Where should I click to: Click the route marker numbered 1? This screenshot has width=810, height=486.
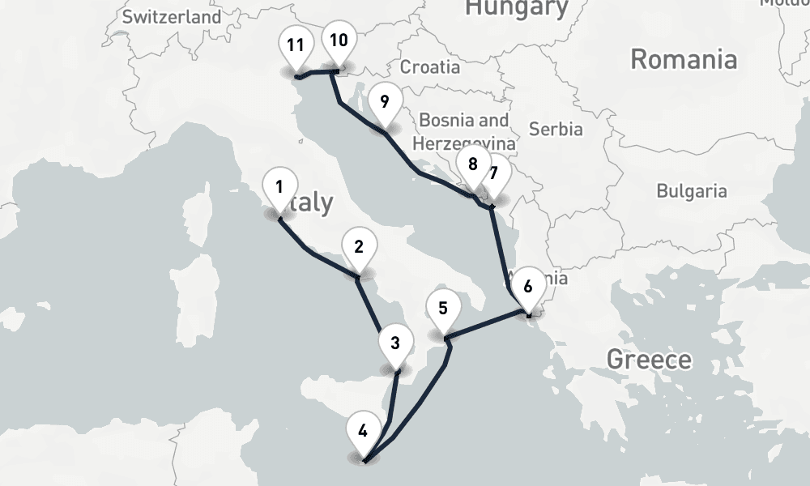tap(279, 188)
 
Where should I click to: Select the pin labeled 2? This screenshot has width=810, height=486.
tap(358, 246)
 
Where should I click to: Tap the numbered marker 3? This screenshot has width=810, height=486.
tap(395, 343)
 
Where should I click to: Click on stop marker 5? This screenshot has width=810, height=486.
tap(442, 309)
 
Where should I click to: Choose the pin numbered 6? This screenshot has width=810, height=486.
tap(528, 286)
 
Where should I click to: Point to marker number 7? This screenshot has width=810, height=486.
tap(493, 173)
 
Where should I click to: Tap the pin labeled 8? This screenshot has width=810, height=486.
tap(472, 164)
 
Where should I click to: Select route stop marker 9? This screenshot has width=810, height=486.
tap(384, 102)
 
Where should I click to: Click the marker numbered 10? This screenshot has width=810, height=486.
tap(339, 40)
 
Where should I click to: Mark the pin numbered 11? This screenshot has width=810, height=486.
tap(295, 45)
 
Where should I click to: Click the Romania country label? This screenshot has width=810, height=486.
tap(684, 59)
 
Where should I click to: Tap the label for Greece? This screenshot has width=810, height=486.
tap(649, 359)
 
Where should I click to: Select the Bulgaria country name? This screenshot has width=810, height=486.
tap(691, 192)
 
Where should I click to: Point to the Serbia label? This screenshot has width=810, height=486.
tap(555, 129)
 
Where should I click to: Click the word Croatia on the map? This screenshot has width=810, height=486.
tap(430, 67)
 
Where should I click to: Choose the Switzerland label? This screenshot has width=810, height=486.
tap(172, 16)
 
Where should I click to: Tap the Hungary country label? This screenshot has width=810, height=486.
tap(516, 8)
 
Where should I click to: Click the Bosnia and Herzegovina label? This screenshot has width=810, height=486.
tap(463, 131)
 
